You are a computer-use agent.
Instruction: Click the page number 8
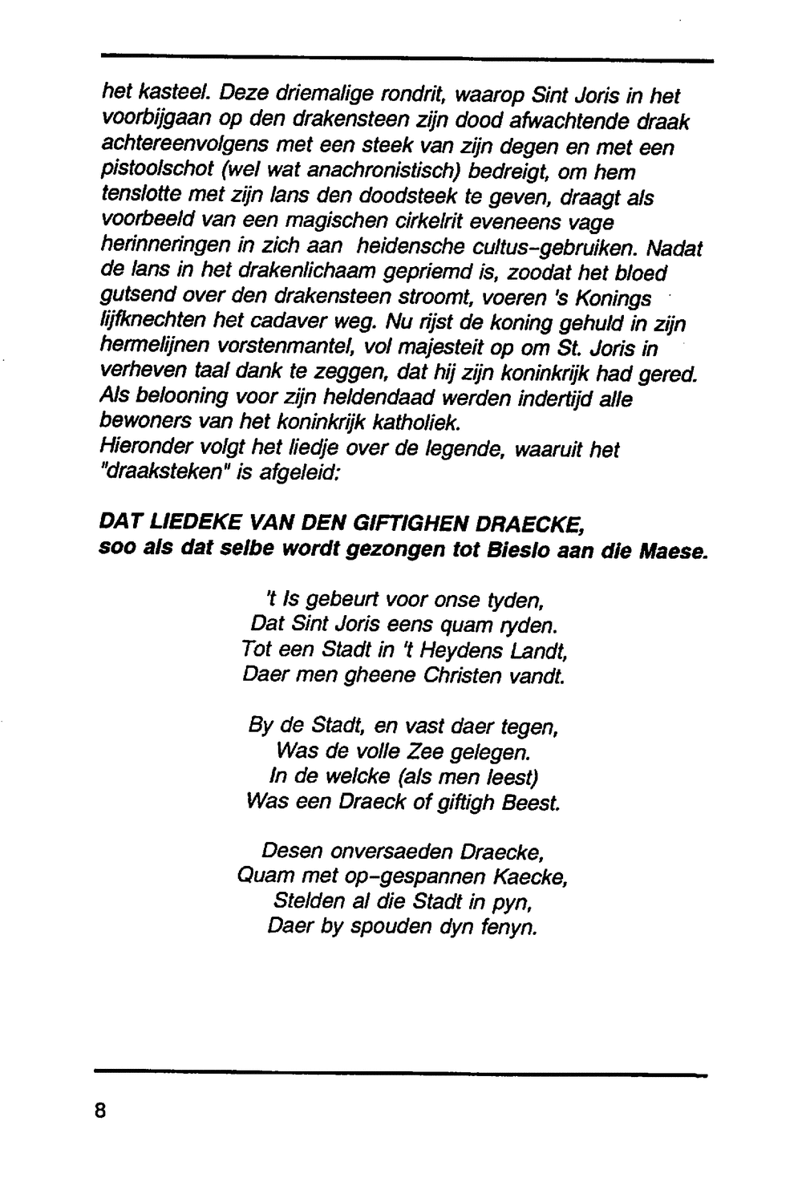click(x=100, y=1111)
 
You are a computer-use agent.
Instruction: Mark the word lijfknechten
click(x=151, y=323)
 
